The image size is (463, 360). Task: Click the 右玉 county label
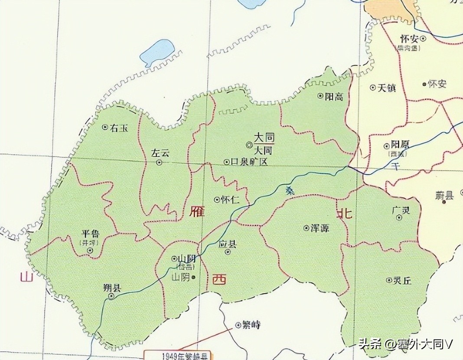(x=119, y=128)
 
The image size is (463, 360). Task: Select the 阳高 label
(x=334, y=96)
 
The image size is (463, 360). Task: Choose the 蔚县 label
(x=444, y=196)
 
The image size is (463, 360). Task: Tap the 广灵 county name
(x=400, y=210)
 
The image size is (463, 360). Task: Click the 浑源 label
(x=320, y=228)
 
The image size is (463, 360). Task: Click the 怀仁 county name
(x=230, y=200)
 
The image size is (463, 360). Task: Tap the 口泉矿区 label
(x=249, y=162)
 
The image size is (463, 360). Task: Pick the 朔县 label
(x=112, y=288)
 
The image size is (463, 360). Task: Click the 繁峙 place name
(x=251, y=324)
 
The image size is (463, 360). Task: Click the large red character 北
(x=345, y=213)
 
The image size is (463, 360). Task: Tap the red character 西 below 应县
(x=219, y=280)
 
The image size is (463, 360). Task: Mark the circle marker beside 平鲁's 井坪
(x=90, y=251)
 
